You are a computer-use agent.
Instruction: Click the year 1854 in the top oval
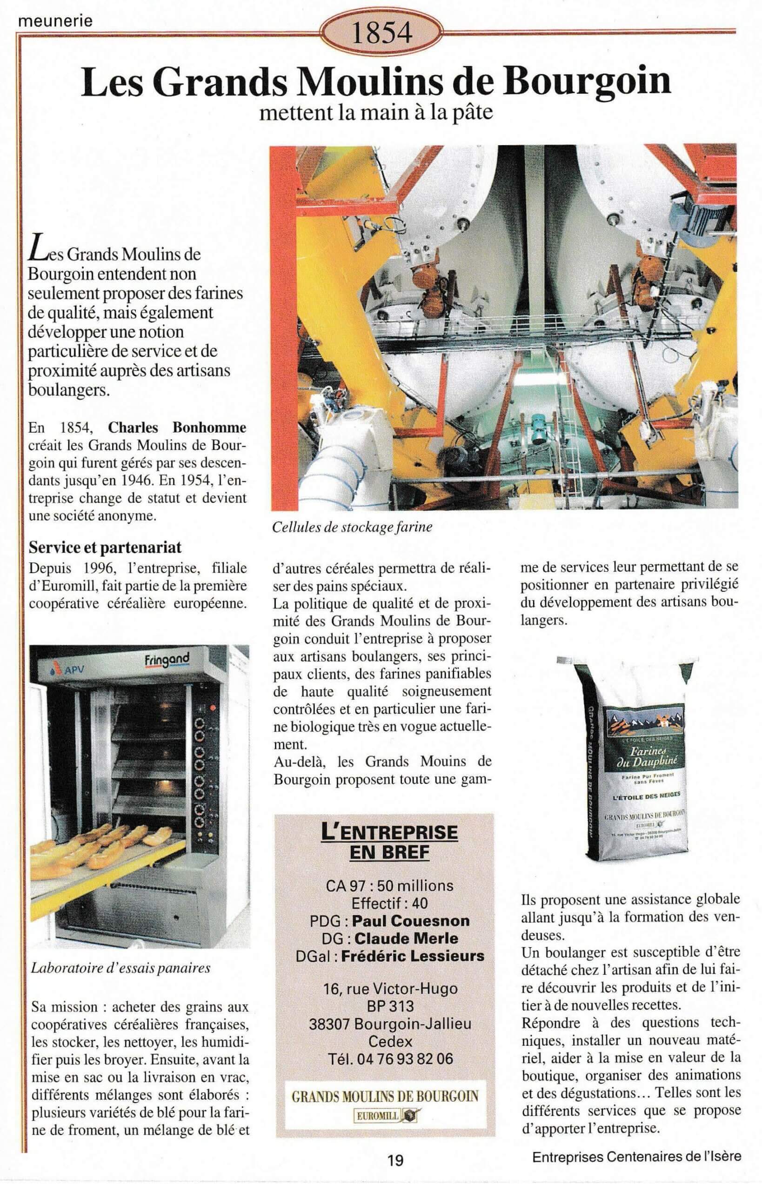[x=381, y=33]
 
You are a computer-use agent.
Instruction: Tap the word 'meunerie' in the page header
[x=54, y=21]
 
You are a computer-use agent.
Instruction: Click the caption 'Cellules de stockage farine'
[x=352, y=527]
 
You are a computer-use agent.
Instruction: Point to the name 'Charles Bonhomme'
[x=177, y=427]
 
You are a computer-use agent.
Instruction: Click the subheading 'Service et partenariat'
[x=105, y=547]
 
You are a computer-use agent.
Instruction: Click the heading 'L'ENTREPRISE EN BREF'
[x=389, y=842]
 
